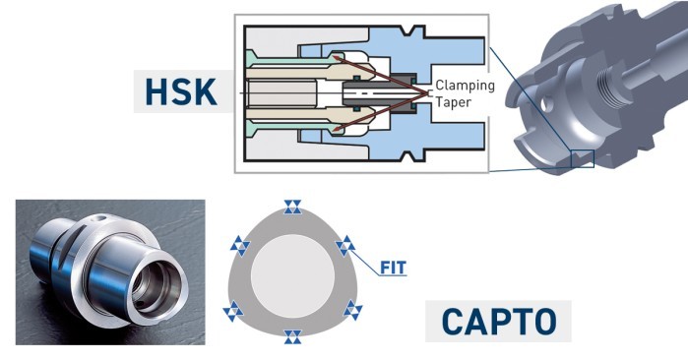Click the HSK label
click(181, 91)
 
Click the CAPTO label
click(499, 322)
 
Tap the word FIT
click(393, 268)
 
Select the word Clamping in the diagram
click(465, 85)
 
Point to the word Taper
click(454, 102)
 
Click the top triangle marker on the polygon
click(292, 207)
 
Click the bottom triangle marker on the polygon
click(292, 336)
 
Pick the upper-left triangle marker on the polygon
click(240, 246)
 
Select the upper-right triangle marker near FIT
click(345, 246)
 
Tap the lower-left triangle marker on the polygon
click(233, 311)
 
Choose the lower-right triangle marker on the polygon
click(352, 310)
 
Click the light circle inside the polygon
click(292, 275)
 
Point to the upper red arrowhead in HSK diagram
click(337, 57)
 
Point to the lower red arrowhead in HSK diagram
click(337, 129)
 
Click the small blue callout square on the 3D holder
click(583, 158)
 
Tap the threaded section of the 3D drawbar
click(610, 89)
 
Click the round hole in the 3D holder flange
click(546, 104)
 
